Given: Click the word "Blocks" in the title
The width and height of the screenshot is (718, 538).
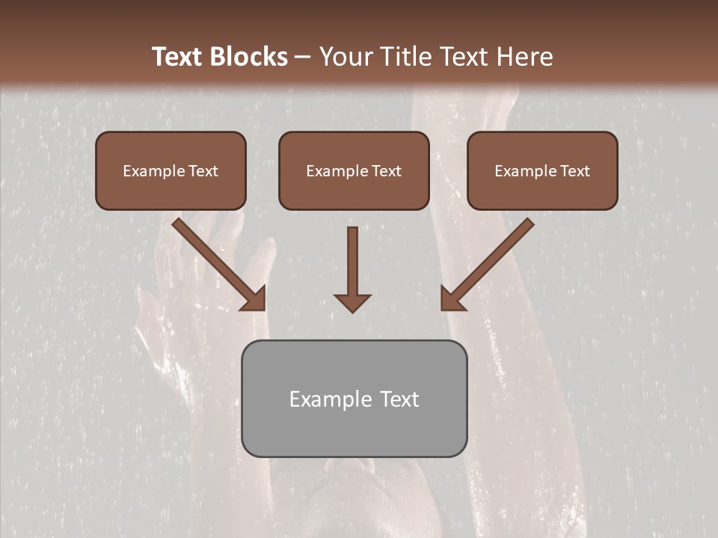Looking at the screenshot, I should [x=251, y=57].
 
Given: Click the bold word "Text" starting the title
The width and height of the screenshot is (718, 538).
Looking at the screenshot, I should [x=179, y=57].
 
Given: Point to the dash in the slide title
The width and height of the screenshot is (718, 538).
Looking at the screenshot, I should [x=304, y=58].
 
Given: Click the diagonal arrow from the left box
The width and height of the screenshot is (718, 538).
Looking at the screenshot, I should [x=217, y=262].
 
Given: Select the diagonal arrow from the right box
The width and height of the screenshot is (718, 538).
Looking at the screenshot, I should [x=490, y=262].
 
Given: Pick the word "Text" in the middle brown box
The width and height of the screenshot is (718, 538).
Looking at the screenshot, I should [x=387, y=171].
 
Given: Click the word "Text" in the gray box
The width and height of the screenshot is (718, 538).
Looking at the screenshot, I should [x=399, y=399].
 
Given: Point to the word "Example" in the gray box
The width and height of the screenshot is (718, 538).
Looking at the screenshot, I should [x=330, y=399].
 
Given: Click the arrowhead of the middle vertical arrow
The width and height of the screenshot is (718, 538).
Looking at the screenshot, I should [x=352, y=302].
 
